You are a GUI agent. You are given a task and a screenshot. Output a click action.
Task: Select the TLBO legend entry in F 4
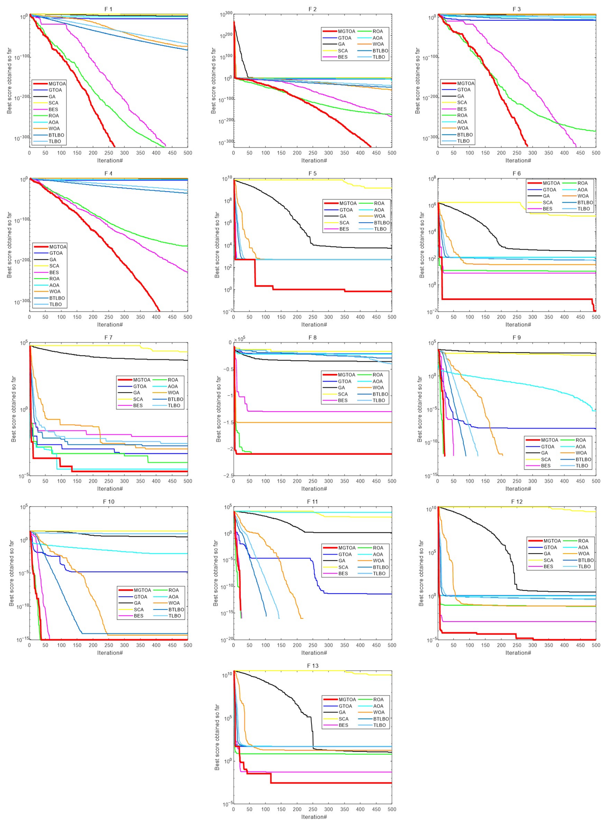55,304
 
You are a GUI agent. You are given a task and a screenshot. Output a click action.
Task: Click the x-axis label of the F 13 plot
314,817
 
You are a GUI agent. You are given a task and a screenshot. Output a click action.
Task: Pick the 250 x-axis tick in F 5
313,317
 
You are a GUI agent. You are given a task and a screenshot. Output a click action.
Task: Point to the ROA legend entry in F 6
583,183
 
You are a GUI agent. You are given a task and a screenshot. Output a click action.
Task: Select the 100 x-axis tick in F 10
61,645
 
